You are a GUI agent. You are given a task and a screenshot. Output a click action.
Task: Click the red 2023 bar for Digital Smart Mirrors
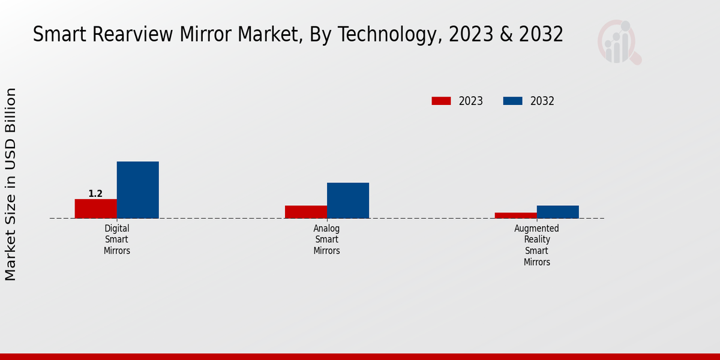(x=95, y=208)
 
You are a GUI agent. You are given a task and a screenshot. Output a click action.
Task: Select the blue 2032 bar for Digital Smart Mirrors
(x=137, y=190)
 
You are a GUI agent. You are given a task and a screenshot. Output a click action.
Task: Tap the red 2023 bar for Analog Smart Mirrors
(x=305, y=212)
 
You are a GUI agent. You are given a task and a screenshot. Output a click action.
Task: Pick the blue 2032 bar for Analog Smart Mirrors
(x=347, y=200)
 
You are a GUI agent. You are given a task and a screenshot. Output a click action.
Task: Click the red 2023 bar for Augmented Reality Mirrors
(x=515, y=215)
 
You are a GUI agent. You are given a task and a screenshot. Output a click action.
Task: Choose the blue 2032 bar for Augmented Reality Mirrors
(x=557, y=212)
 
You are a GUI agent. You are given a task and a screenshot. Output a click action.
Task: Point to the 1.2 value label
(x=95, y=194)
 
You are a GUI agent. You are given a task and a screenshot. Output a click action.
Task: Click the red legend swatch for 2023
(x=441, y=101)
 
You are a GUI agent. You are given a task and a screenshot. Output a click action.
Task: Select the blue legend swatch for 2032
(x=512, y=101)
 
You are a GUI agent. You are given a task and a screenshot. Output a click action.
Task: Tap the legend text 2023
(x=470, y=101)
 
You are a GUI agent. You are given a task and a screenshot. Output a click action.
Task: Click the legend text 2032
(x=542, y=101)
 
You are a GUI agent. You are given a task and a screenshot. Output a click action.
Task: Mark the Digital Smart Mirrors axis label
(x=117, y=239)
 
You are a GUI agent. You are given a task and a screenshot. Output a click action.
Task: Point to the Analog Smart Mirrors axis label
(x=327, y=239)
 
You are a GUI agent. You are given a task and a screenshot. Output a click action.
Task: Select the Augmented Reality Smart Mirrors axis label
(x=537, y=245)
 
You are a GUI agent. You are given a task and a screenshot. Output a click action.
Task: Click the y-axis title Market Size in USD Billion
(x=11, y=184)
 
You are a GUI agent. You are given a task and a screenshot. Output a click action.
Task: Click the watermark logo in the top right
(x=619, y=42)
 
